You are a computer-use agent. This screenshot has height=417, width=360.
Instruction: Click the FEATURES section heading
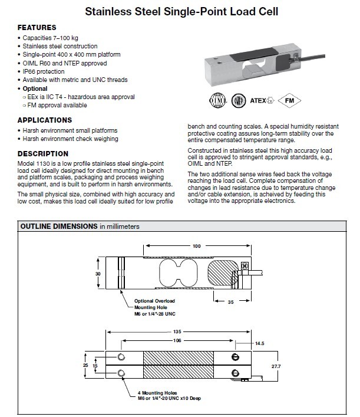click(x=37, y=28)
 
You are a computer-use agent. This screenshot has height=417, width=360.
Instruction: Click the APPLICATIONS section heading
click(x=44, y=120)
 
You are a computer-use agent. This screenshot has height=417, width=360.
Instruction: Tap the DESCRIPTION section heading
click(x=43, y=154)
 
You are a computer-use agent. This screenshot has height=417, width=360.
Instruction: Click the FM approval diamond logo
click(x=289, y=100)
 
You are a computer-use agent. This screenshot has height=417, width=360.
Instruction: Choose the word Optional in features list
click(x=35, y=88)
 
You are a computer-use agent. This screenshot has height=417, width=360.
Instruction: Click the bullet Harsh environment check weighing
click(x=70, y=139)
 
